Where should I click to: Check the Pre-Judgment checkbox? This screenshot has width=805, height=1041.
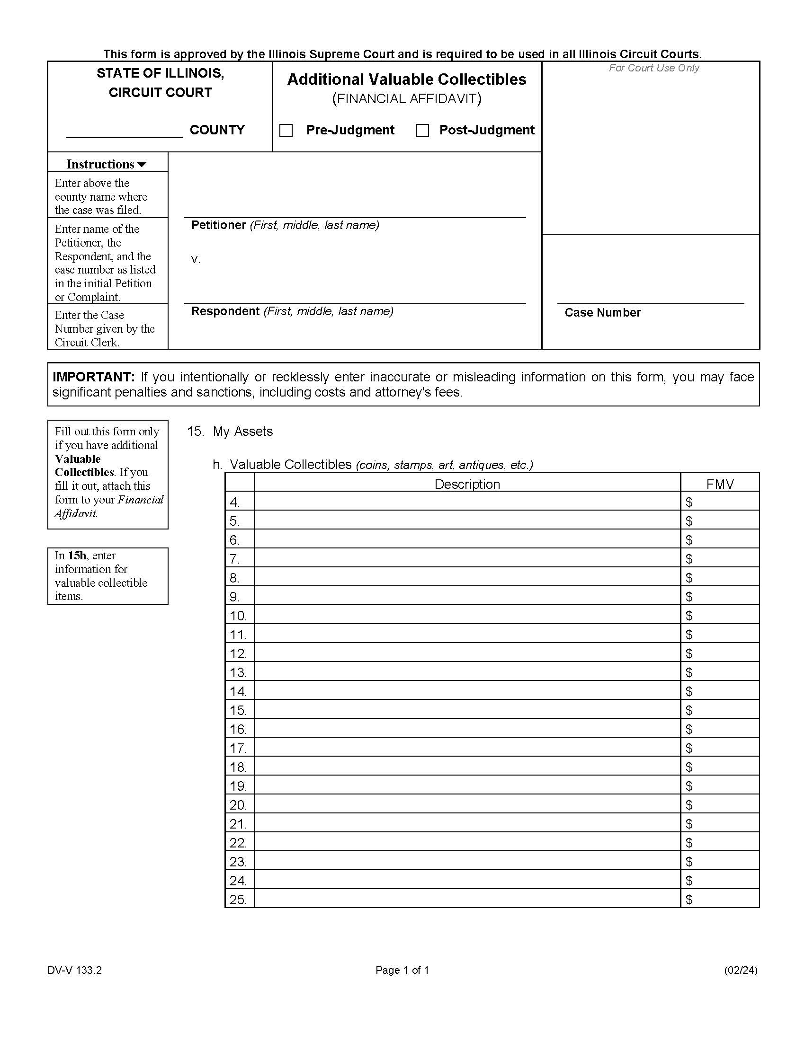click(286, 131)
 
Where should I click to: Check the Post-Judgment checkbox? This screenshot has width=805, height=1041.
click(422, 131)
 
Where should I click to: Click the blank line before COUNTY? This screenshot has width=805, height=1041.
click(125, 132)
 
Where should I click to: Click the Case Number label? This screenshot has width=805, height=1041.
click(602, 313)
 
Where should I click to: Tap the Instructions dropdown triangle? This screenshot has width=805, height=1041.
click(142, 165)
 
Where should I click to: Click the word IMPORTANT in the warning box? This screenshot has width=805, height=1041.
click(94, 377)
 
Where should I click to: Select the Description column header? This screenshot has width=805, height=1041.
click(467, 484)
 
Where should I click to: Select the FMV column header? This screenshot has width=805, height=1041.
click(719, 484)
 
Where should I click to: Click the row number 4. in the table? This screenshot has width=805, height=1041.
click(234, 503)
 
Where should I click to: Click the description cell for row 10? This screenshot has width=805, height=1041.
click(467, 615)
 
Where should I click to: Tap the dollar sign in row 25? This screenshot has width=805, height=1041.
click(689, 900)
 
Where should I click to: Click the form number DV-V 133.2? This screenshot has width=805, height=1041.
click(74, 970)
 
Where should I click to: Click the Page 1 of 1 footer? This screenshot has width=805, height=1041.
click(402, 970)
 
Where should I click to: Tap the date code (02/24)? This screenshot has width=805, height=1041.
click(740, 970)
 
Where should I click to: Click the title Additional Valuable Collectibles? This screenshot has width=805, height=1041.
click(406, 79)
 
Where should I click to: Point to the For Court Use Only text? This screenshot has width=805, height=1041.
click(653, 68)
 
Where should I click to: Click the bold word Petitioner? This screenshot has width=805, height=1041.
click(218, 225)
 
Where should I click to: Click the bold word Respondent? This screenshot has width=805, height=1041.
click(225, 311)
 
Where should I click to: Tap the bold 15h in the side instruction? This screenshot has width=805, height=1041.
click(77, 556)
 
